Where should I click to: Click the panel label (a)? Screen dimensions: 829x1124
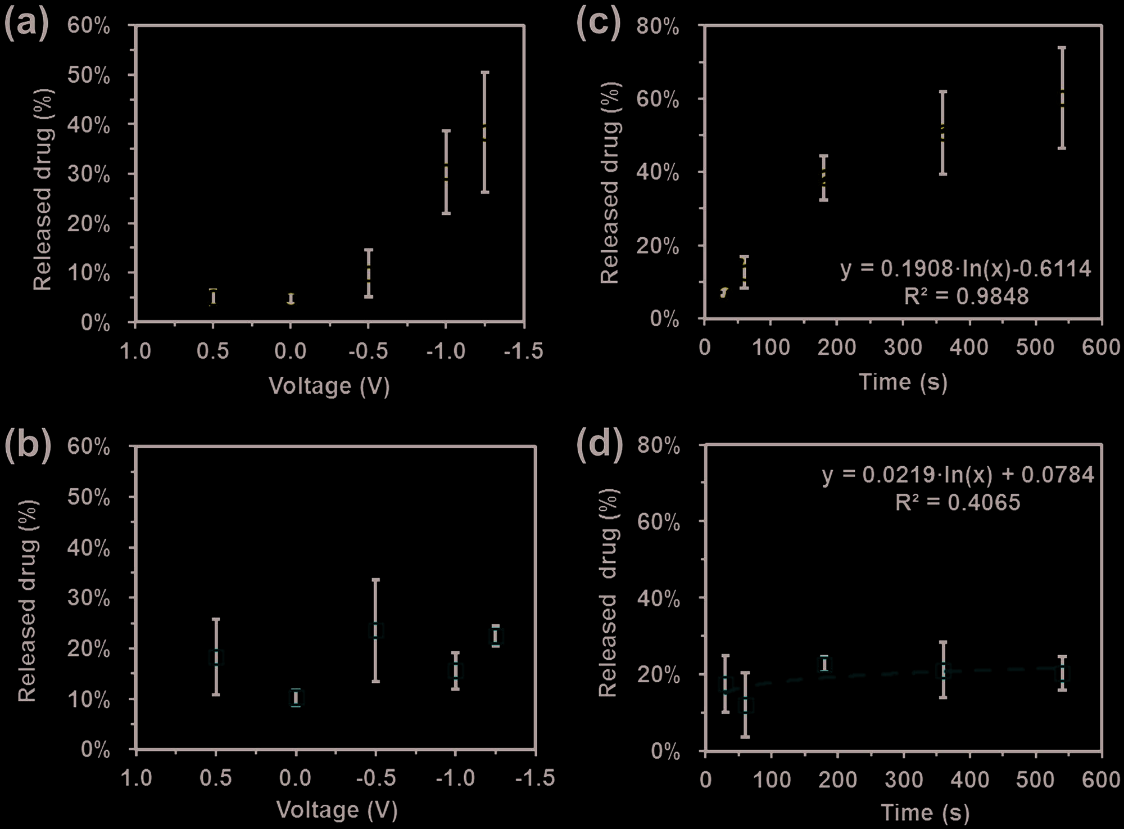[26, 25]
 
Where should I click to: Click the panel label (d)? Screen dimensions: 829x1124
[600, 445]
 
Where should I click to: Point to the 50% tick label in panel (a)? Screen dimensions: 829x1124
[89, 75]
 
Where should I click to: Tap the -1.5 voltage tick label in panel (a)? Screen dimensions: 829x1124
[523, 351]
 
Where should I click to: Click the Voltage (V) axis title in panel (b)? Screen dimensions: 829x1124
[337, 810]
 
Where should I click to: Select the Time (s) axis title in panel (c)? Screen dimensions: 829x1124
[903, 382]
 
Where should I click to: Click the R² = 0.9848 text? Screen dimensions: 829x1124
[966, 296]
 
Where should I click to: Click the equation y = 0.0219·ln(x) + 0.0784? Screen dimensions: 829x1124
[958, 475]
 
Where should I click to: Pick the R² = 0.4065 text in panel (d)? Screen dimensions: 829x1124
[957, 502]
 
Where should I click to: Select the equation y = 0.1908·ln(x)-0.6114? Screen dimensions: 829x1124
[966, 269]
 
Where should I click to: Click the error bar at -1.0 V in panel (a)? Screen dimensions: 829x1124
[446, 172]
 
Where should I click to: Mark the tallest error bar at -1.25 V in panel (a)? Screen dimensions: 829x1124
[485, 132]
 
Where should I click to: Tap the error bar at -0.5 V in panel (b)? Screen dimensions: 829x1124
[376, 630]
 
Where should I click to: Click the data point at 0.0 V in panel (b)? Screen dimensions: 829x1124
[296, 697]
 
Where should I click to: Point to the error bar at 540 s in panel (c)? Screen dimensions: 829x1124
[1062, 98]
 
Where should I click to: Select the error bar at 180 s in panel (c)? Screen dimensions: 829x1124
[823, 178]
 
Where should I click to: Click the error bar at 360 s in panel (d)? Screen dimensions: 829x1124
[943, 670]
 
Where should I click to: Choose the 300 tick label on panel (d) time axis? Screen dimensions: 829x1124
[903, 780]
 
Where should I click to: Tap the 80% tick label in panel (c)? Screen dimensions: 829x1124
[658, 26]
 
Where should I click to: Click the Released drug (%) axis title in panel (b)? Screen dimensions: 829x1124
[28, 600]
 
